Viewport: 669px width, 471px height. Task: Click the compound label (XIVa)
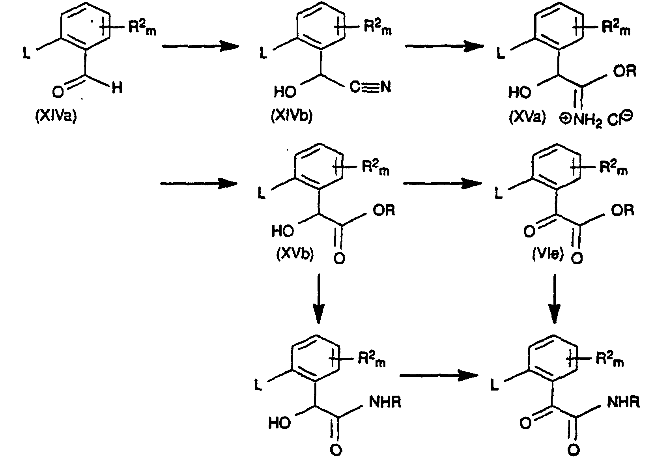56,116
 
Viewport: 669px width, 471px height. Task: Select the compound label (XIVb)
292,116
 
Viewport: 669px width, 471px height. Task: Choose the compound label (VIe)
548,254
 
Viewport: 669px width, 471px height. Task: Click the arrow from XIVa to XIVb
200,46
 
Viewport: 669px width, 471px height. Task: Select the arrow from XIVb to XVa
445,46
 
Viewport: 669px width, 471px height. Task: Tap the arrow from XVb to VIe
442,183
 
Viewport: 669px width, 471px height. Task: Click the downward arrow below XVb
319,299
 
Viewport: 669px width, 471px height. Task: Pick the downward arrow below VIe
555,299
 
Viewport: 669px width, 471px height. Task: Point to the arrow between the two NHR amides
439,376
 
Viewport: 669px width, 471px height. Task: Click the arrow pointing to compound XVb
199,183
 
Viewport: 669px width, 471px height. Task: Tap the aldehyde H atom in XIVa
117,88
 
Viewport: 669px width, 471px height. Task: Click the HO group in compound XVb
282,231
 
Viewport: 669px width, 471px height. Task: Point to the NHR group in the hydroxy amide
385,402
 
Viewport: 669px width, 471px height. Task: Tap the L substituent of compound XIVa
27,54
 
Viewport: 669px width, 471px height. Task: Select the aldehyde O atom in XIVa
58,92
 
